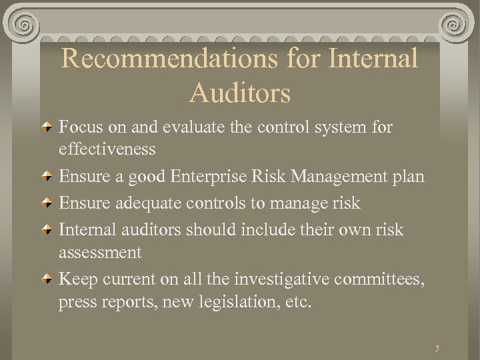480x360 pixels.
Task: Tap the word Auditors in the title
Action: (x=240, y=93)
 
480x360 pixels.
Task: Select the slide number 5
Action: (x=437, y=348)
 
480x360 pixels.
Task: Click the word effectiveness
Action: (x=107, y=149)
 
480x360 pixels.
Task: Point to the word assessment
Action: (x=100, y=253)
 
